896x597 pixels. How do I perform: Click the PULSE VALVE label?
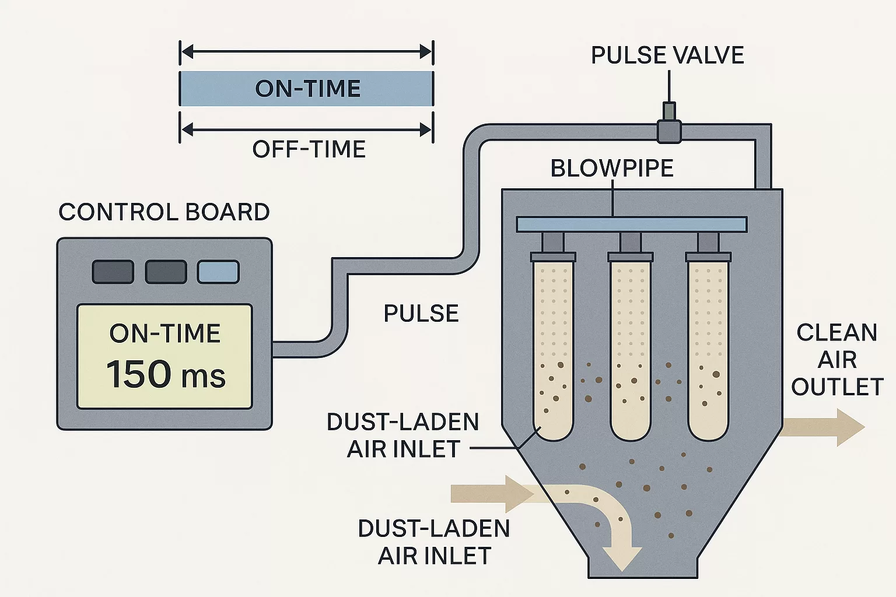pyautogui.click(x=667, y=55)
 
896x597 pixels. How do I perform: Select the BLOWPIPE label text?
pyautogui.click(x=612, y=168)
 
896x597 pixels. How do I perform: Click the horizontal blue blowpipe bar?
pyautogui.click(x=631, y=224)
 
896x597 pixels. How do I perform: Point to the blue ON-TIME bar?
pyautogui.click(x=307, y=89)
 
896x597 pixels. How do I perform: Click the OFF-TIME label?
pyautogui.click(x=309, y=149)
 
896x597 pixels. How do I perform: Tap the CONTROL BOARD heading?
pyautogui.click(x=164, y=212)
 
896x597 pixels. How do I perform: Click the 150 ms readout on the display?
pyautogui.click(x=166, y=374)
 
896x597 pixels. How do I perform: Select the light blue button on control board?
pyautogui.click(x=218, y=272)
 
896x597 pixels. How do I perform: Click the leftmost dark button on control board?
pyautogui.click(x=113, y=272)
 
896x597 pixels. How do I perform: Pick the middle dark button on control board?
pyautogui.click(x=166, y=272)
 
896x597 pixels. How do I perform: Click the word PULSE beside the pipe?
pyautogui.click(x=421, y=314)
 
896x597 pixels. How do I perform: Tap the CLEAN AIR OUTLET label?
pyautogui.click(x=836, y=359)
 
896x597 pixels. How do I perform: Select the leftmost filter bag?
pyautogui.click(x=553, y=350)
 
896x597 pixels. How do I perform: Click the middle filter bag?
pyautogui.click(x=630, y=350)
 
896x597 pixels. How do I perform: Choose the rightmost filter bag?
pyautogui.click(x=708, y=350)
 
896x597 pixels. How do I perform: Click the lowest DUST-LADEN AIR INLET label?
pyautogui.click(x=434, y=542)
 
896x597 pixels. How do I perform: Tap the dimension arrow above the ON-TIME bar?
pyautogui.click(x=307, y=52)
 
